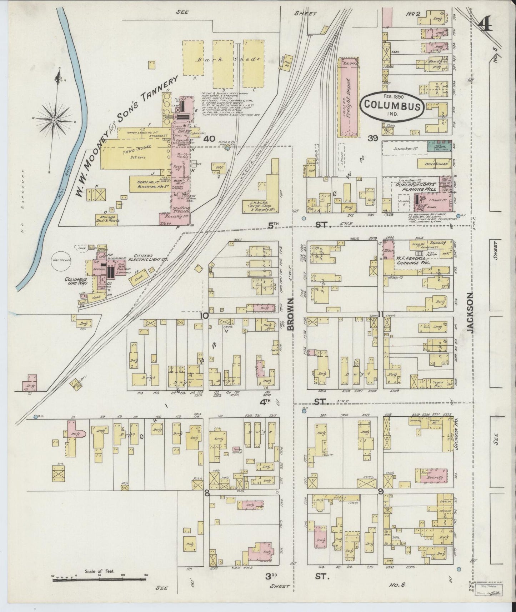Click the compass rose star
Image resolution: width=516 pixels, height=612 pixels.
[54, 121]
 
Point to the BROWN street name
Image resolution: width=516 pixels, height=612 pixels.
[291, 314]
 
